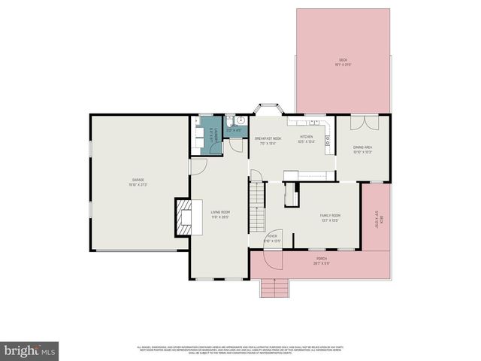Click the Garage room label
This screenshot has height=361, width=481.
point(139,182)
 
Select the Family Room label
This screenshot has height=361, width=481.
point(331,217)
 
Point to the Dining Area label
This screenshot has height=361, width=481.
point(363,150)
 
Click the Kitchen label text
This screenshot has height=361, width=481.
point(306,138)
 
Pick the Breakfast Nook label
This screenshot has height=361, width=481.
point(268,140)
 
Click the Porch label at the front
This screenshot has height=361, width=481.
point(322,261)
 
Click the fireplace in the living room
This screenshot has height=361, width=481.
point(183,217)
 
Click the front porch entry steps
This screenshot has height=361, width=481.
point(274,287)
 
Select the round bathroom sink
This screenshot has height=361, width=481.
point(241,121)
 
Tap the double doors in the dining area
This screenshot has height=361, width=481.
point(363,123)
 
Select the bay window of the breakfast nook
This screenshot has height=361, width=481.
point(268,110)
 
